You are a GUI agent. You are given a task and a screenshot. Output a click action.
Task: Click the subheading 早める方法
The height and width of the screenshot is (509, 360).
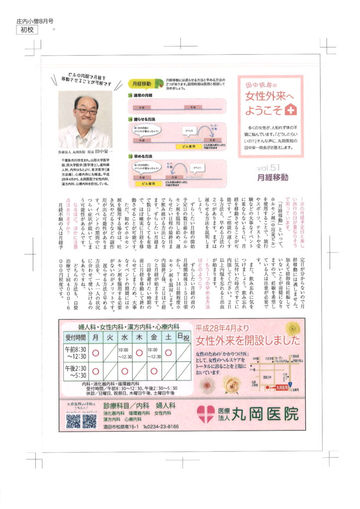pos(141,156)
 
